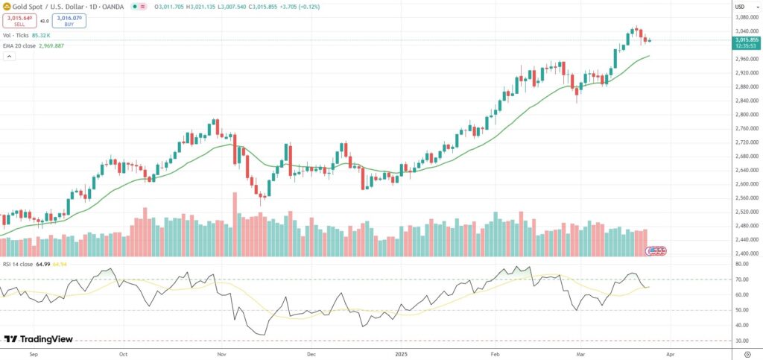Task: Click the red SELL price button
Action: point(19,21)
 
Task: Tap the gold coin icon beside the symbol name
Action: point(7,6)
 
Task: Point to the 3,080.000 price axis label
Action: point(745,17)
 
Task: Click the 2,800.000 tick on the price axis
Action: point(745,115)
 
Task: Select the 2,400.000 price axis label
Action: point(745,254)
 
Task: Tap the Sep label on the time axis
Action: point(33,354)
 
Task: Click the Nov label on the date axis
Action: point(221,354)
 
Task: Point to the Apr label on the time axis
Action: point(672,354)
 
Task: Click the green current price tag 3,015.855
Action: point(746,41)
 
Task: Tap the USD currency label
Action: point(740,7)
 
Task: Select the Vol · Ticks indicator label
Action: point(16,35)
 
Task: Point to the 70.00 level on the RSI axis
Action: point(741,280)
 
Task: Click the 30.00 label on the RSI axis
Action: point(741,341)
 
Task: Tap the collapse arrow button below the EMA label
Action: point(8,56)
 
